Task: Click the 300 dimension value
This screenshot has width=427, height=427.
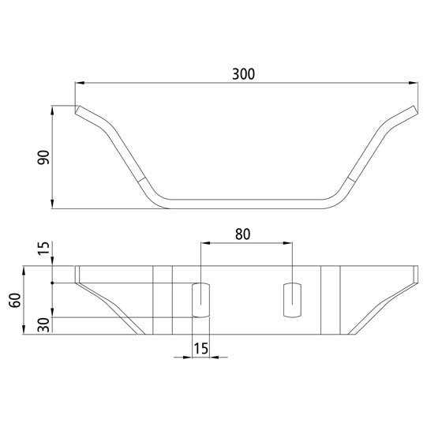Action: tap(243, 73)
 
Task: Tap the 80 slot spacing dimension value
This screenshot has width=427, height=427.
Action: tap(243, 234)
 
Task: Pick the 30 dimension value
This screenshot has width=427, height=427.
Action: tap(43, 324)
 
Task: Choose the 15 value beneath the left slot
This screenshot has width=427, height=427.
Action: tap(200, 347)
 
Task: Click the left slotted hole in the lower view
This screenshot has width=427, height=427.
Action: tap(200, 299)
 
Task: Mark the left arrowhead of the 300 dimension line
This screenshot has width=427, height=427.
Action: tap(79, 82)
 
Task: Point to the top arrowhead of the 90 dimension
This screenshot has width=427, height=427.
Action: tap(53, 109)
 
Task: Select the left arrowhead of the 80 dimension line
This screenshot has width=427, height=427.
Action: tap(204, 244)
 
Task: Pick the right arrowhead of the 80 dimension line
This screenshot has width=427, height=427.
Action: tap(290, 244)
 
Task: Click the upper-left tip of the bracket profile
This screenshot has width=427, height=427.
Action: tap(77, 110)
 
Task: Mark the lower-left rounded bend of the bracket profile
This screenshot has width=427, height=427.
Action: tap(162, 200)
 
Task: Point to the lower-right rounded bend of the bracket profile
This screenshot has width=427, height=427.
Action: tap(335, 200)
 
